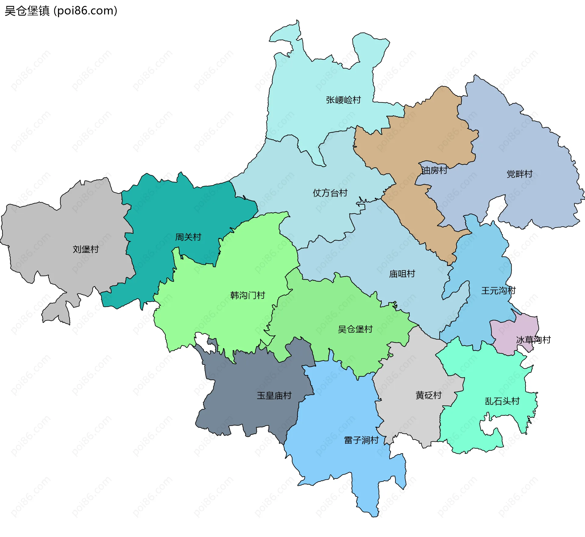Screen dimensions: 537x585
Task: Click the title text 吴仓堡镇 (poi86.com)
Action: pyautogui.click(x=61, y=11)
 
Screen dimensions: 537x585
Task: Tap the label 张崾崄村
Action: pyautogui.click(x=343, y=100)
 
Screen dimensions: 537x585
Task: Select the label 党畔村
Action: pyautogui.click(x=519, y=174)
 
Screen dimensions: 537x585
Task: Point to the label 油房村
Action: pyautogui.click(x=434, y=170)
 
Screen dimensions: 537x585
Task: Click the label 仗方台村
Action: pyautogui.click(x=330, y=193)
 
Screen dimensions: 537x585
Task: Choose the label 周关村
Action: pyautogui.click(x=188, y=237)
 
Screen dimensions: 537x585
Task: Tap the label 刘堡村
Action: pyautogui.click(x=86, y=249)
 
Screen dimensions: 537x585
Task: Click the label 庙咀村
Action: pyautogui.click(x=402, y=274)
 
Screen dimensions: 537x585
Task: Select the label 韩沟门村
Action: pyautogui.click(x=247, y=295)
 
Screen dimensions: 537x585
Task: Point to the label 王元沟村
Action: pyautogui.click(x=498, y=291)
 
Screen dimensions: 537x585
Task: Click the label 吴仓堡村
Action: pyautogui.click(x=355, y=329)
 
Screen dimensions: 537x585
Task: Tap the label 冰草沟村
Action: pyautogui.click(x=533, y=340)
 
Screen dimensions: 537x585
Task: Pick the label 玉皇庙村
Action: pyautogui.click(x=274, y=396)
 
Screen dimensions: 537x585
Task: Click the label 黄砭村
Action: pyautogui.click(x=428, y=395)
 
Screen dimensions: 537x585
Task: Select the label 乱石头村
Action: pyautogui.click(x=502, y=401)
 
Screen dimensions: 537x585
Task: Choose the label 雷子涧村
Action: pyautogui.click(x=361, y=440)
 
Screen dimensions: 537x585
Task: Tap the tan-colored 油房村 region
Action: pyautogui.click(x=427, y=137)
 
